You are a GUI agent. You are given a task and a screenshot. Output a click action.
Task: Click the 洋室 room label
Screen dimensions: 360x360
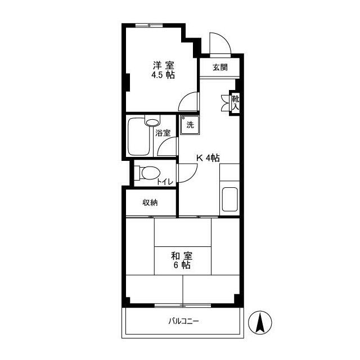(164, 65)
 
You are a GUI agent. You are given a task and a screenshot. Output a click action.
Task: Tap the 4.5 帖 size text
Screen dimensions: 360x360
(163, 75)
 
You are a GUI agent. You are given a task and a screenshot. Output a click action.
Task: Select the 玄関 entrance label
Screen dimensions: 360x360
(220, 67)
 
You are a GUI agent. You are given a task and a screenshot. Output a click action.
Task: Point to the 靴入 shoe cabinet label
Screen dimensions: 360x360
(235, 103)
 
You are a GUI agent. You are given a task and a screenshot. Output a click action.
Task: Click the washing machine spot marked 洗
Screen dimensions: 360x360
(190, 125)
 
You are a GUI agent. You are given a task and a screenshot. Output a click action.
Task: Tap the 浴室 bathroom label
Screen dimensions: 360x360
(163, 133)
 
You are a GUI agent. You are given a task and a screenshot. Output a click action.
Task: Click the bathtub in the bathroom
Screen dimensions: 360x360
(138, 137)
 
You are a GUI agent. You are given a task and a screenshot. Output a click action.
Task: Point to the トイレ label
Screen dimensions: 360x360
(165, 182)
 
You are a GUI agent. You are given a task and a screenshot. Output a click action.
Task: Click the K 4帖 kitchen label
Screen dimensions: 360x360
(208, 157)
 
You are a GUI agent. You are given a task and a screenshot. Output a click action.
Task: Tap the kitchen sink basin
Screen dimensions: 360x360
(229, 199)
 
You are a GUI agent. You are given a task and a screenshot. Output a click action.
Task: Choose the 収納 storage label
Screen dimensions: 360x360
(150, 202)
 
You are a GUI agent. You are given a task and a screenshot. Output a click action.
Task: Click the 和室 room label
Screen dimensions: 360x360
(182, 255)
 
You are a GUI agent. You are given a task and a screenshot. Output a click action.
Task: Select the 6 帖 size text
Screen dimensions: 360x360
(182, 265)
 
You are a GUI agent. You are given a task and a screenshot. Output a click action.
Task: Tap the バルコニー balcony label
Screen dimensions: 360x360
(183, 321)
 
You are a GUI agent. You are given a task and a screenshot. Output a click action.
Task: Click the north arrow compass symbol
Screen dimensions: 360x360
(260, 322)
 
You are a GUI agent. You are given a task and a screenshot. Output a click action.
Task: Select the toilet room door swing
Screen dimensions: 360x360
(193, 176)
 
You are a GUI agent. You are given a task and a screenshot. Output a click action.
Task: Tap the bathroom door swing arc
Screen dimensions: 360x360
(163, 143)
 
